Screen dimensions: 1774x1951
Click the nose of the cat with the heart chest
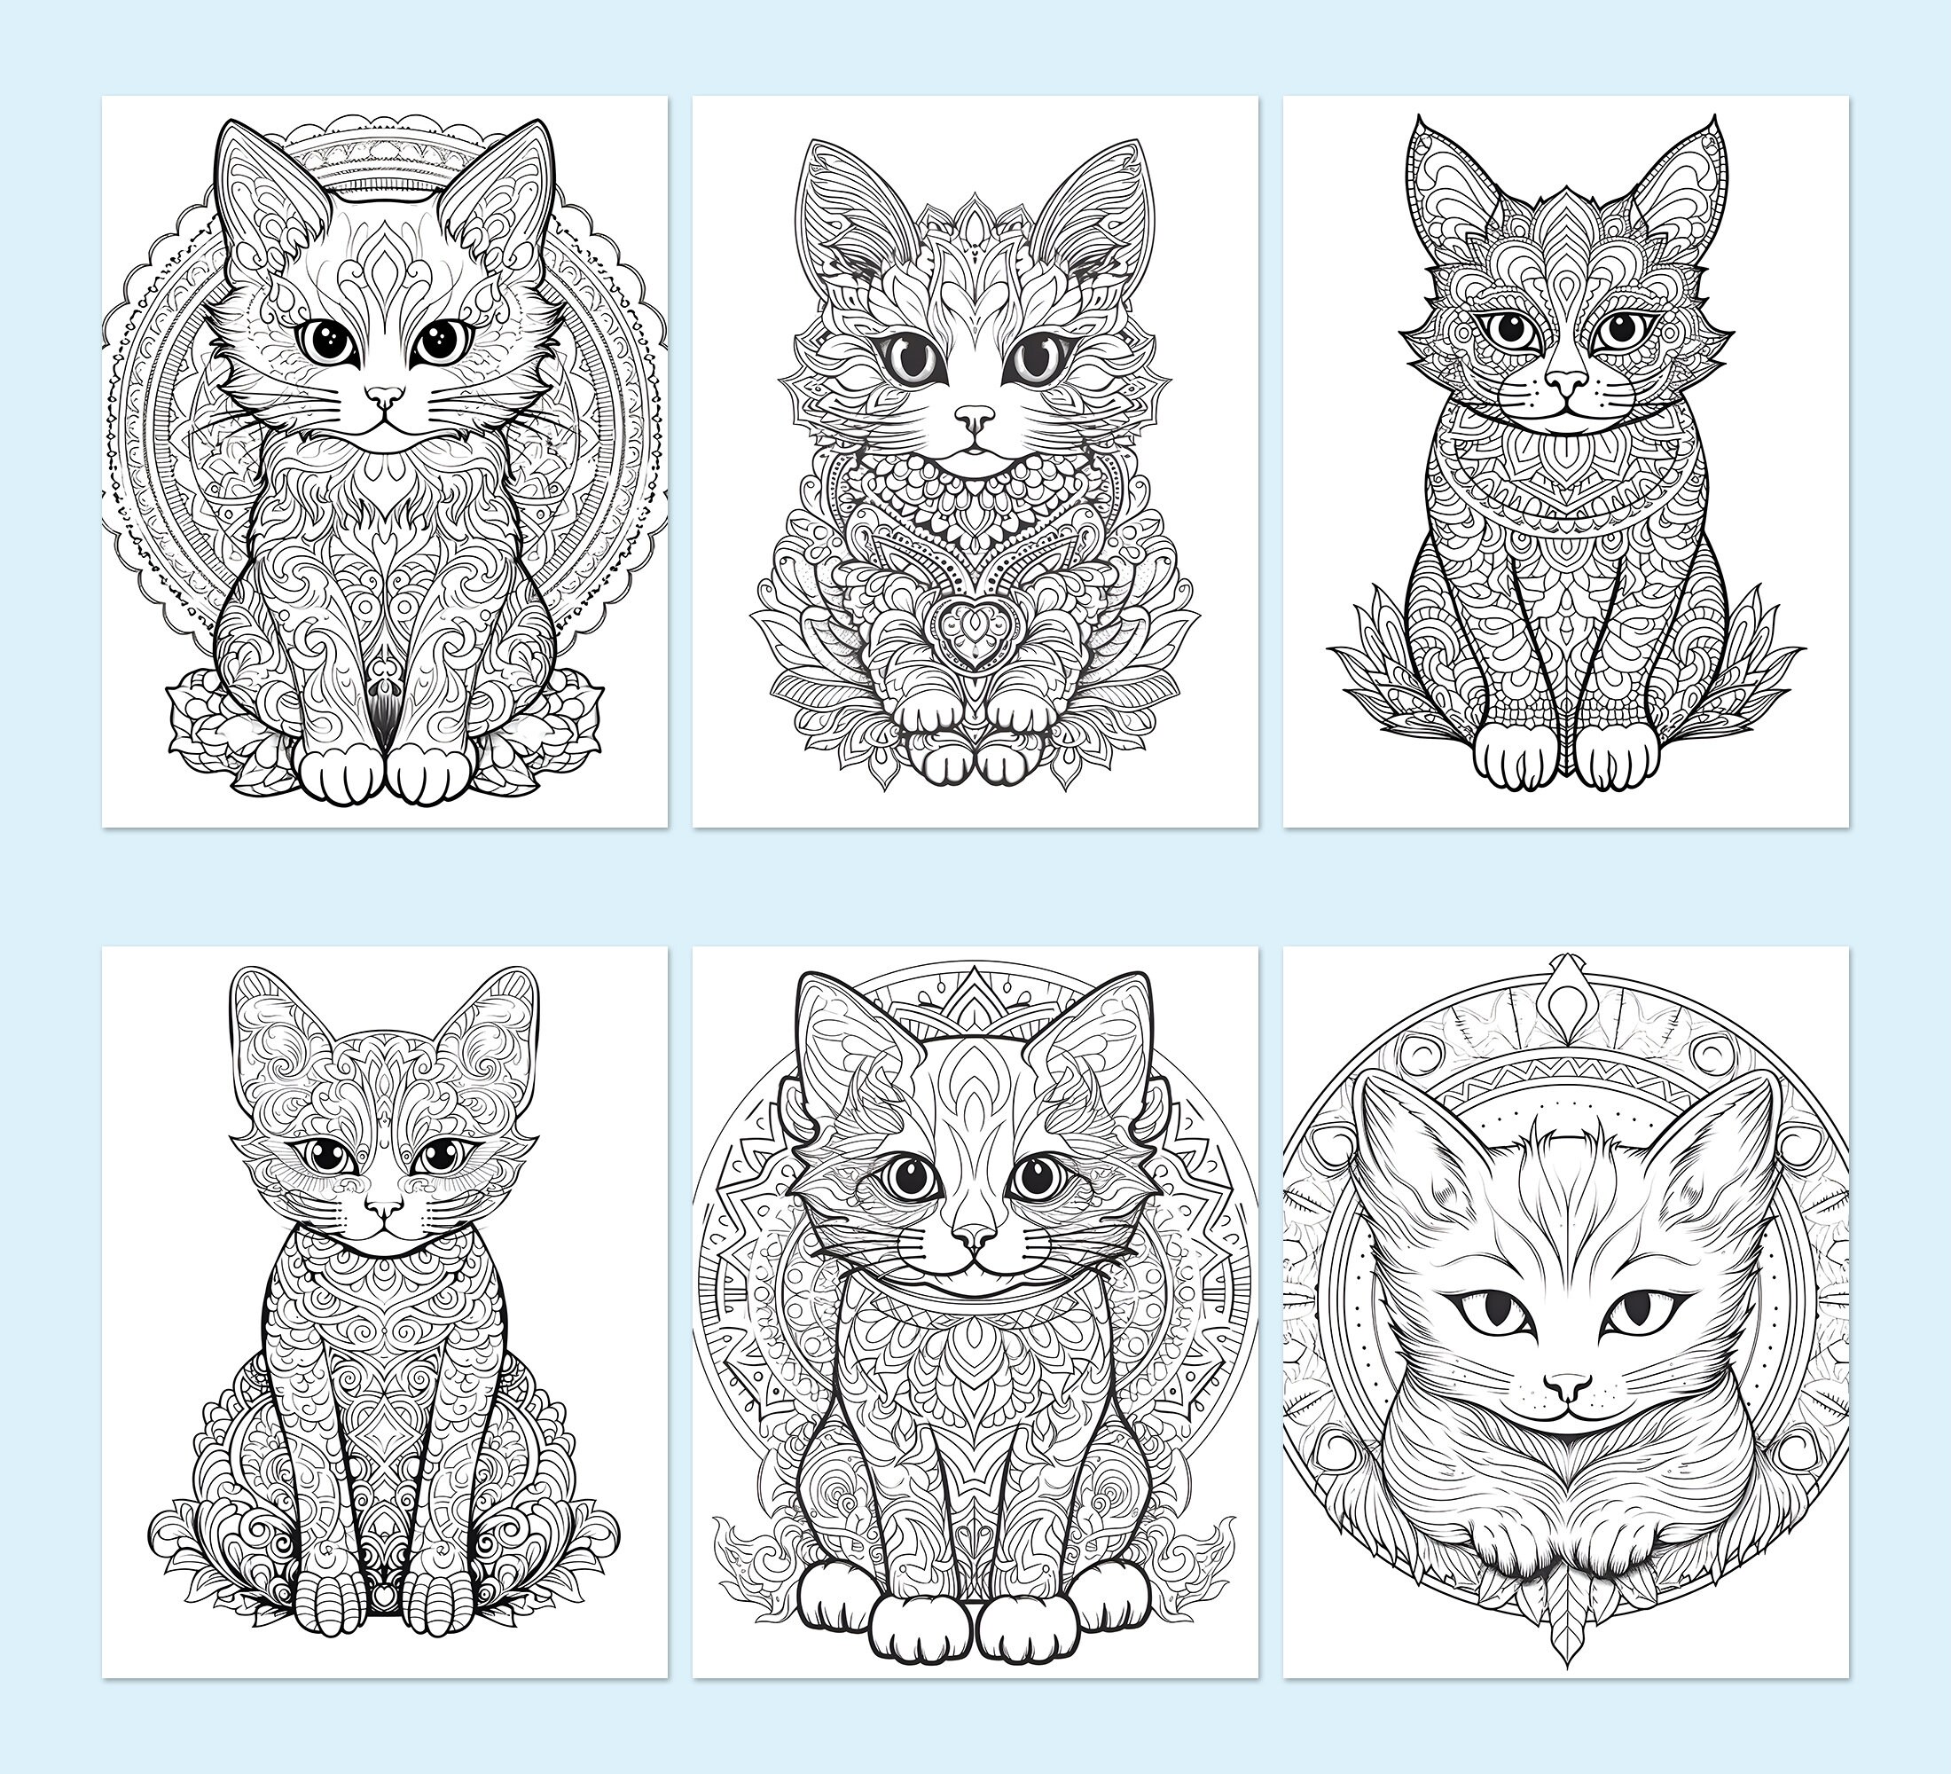point(975,417)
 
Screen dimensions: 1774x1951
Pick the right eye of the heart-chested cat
point(1031,358)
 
